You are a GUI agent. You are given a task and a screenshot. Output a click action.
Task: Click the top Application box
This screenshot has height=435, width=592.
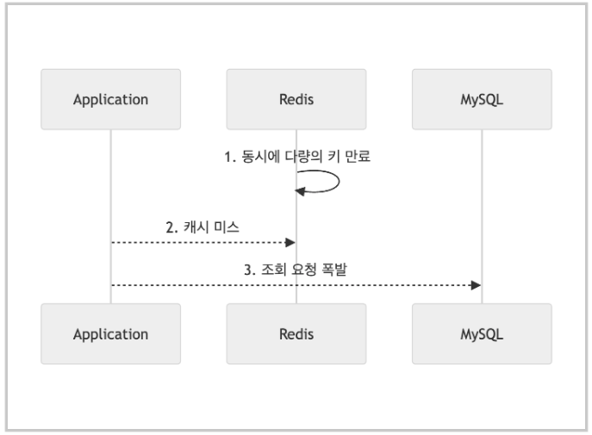[x=110, y=99]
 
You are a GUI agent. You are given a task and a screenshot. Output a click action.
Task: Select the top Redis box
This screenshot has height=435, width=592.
[x=296, y=99]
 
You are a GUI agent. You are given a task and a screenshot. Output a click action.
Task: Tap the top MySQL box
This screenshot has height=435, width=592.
[x=482, y=99]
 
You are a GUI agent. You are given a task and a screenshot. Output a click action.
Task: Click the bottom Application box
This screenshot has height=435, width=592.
[x=110, y=334]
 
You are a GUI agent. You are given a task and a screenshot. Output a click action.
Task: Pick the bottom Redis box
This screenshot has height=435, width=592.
[x=296, y=334]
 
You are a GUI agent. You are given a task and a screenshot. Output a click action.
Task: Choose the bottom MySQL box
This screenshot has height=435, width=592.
[x=482, y=334]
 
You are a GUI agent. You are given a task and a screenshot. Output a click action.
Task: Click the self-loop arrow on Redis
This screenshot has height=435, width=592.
[x=339, y=182]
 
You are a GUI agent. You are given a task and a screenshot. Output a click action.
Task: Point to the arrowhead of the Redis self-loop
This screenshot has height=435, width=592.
[x=300, y=191]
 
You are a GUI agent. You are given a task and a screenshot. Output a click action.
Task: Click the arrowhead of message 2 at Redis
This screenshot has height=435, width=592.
[x=290, y=242]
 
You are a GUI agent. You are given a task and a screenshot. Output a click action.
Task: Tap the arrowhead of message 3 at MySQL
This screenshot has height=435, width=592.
[x=476, y=285]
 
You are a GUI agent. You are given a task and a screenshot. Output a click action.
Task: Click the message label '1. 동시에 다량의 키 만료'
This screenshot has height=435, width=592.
[x=297, y=156]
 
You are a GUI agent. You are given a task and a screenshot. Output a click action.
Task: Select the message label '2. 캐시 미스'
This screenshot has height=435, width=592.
[x=203, y=227]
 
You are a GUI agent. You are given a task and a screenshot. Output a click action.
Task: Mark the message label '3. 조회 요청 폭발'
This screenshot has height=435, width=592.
[x=296, y=270]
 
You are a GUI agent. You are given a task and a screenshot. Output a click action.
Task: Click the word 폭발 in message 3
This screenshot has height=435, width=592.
[x=334, y=270]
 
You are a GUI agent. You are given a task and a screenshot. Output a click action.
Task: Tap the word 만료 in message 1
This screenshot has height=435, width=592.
[x=358, y=156]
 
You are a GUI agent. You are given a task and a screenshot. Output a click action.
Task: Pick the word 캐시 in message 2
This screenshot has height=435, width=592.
[x=196, y=227]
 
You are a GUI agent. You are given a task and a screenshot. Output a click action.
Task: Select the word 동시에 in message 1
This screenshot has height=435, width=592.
[x=261, y=156]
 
